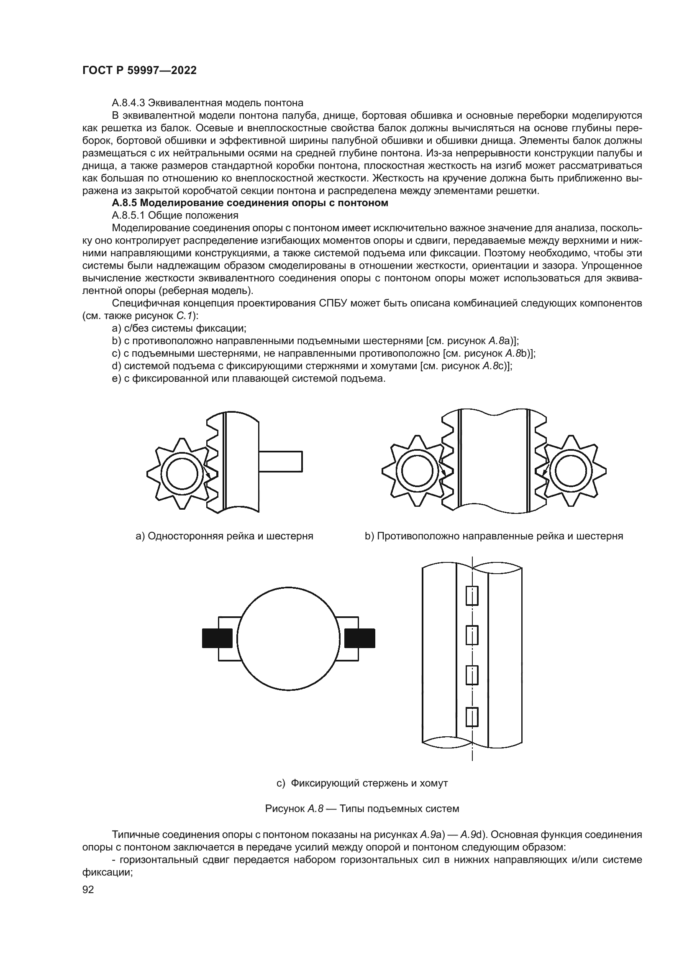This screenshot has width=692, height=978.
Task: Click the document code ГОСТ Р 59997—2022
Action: [139, 71]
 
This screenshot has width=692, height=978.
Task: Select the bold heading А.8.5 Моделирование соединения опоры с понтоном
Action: [250, 203]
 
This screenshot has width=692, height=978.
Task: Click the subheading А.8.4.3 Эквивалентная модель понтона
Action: [208, 103]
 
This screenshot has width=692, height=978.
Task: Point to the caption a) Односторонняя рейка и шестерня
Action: [224, 536]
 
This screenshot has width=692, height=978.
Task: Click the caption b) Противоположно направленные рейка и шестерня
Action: [493, 536]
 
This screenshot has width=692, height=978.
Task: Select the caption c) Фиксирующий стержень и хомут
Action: [362, 783]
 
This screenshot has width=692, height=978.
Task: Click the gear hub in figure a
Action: [182, 474]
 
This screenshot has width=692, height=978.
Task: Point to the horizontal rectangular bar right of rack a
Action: [280, 461]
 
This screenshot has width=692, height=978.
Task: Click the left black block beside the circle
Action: [217, 638]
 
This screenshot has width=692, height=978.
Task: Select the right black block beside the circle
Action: [360, 638]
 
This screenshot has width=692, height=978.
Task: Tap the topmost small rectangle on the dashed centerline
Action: [472, 595]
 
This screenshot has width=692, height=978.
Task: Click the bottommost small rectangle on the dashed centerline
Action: [472, 717]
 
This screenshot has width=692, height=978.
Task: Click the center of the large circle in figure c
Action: [289, 638]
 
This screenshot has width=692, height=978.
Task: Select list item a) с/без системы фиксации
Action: [179, 328]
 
